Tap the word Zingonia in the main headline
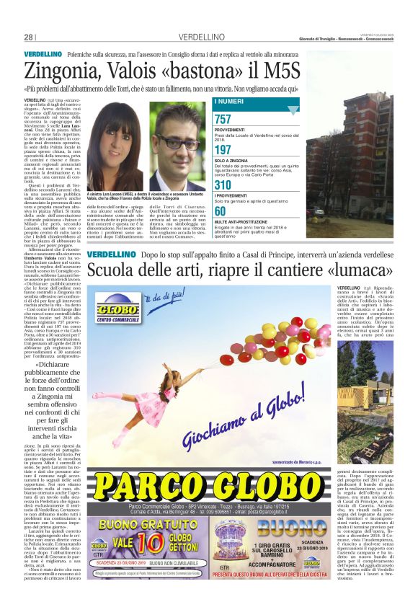coord(64,71)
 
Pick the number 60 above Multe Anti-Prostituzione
coord(220,211)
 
